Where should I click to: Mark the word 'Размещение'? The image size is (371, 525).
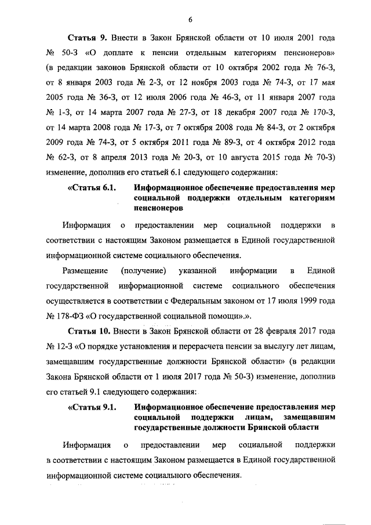click(x=85, y=271)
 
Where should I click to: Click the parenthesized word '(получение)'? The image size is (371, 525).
click(x=144, y=271)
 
